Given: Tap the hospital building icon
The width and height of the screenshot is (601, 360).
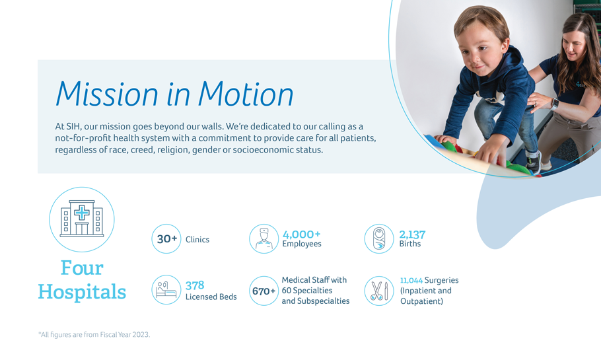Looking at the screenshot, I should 82,219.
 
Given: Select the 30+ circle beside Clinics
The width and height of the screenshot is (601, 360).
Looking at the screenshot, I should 166,238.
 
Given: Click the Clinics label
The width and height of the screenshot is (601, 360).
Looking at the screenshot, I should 197,240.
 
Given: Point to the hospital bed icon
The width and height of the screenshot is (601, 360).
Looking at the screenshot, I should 166,290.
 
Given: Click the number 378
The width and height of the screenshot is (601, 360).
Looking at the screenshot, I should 195,285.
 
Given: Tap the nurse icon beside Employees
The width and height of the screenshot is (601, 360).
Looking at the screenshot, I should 264,238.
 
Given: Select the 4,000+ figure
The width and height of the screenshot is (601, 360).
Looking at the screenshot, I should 301,234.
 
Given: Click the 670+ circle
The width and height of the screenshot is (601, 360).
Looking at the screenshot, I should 264,291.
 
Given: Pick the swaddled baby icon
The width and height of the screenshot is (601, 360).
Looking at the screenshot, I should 379,238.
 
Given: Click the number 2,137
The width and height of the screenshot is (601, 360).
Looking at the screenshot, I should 412,234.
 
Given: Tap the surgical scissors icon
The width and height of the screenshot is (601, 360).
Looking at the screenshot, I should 379,291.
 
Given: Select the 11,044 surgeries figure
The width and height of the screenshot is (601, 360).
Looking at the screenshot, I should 411,280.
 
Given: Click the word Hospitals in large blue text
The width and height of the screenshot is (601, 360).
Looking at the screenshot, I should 82,291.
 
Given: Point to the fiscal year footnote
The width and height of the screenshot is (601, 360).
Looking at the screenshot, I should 94,335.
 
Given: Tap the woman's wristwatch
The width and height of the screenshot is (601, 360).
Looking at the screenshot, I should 555,104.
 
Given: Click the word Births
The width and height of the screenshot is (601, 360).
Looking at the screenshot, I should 409,244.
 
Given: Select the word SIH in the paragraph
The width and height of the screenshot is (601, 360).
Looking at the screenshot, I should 73,126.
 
